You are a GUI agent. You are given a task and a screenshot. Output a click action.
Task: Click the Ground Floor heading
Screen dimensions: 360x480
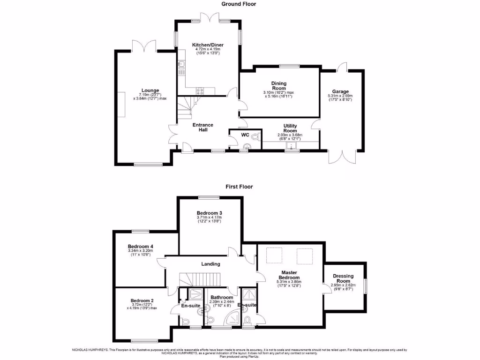click(x=239, y=4)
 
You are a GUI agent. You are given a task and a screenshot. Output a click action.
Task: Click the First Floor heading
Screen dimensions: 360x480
click(x=239, y=187)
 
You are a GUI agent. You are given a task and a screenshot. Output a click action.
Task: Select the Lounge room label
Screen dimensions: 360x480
click(x=150, y=90)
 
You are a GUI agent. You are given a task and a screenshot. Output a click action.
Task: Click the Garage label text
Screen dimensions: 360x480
click(x=341, y=91)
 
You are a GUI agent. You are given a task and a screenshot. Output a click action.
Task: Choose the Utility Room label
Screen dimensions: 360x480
click(x=290, y=128)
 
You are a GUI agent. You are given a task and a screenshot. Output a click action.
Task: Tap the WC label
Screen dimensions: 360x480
click(x=245, y=135)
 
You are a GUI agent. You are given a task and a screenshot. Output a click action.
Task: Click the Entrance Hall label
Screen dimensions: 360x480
click(x=203, y=127)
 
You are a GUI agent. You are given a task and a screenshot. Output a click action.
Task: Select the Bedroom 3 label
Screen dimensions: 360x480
click(x=210, y=212)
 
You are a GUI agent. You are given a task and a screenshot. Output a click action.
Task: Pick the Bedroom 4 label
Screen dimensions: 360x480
click(x=141, y=247)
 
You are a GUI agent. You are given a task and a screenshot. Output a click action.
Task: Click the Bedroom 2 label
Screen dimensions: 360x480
click(x=142, y=300)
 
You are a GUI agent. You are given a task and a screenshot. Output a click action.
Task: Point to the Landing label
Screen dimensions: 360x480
click(x=210, y=264)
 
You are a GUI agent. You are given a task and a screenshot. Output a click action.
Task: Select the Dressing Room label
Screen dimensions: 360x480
click(x=344, y=278)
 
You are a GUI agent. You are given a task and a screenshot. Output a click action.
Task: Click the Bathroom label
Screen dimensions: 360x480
click(x=222, y=297)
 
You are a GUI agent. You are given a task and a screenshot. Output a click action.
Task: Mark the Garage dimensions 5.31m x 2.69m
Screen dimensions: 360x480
click(x=340, y=97)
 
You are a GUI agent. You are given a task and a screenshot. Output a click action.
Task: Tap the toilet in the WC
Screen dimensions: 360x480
click(x=255, y=136)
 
